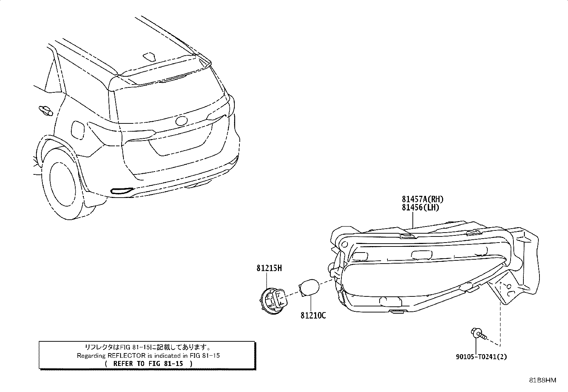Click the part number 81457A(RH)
click(422, 199)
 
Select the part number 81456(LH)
click(420, 207)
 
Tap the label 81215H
click(269, 268)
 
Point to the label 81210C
click(313, 315)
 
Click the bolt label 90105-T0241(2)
click(481, 357)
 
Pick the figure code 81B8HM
click(543, 380)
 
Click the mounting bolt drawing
click(478, 334)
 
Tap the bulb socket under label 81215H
click(274, 301)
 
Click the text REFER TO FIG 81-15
click(148, 363)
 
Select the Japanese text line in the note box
click(148, 347)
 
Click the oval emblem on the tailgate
click(181, 121)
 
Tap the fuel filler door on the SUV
click(77, 130)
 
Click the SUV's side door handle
click(46, 111)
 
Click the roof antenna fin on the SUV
click(149, 57)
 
